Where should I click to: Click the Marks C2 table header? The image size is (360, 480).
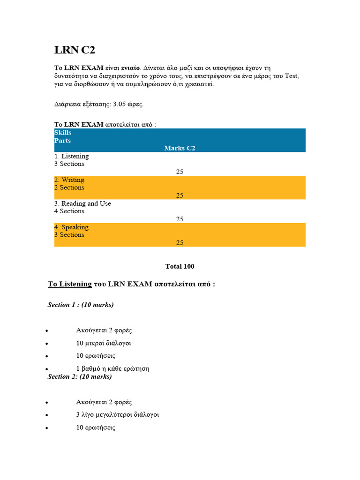180,148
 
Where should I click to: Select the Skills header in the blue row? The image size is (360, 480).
63,133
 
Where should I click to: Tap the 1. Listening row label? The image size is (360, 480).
71,156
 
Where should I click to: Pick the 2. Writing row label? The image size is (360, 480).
69,180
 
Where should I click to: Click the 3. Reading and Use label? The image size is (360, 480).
82,203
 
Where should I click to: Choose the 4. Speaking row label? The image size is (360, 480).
71,227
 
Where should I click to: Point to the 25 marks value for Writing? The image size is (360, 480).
180,195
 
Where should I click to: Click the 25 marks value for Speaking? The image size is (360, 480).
180,243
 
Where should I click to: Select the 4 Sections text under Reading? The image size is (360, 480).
69,211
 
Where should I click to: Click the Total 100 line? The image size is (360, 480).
180,266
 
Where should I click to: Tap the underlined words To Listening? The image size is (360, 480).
70,284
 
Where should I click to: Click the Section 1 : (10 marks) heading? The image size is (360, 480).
81,305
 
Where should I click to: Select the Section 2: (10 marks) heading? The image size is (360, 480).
80,376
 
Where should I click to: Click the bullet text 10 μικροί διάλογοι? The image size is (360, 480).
103,343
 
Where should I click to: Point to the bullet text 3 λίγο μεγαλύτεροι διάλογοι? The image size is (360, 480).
117,415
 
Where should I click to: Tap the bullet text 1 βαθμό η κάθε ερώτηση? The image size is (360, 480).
112,368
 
